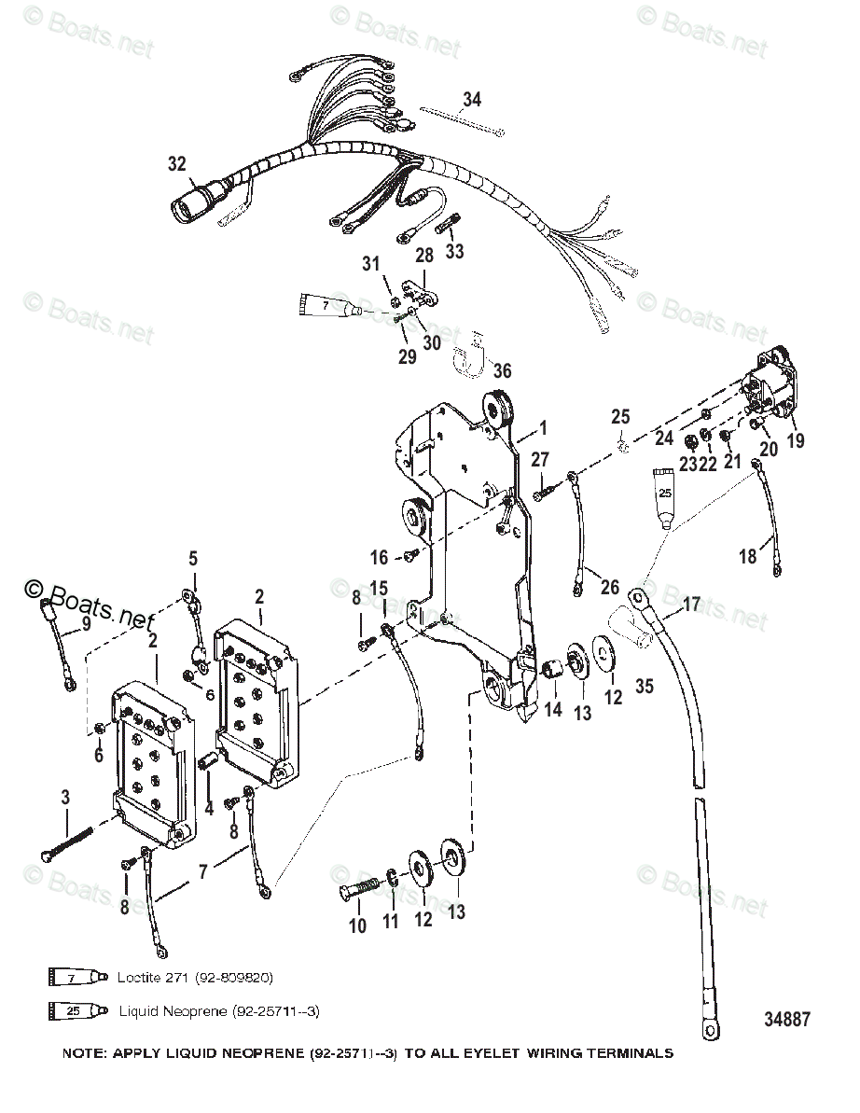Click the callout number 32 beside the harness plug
177,164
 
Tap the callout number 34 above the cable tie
472,99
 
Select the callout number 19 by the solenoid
795,441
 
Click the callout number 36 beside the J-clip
503,370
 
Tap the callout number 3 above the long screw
65,798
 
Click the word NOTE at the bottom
84,1053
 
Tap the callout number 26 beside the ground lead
609,588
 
